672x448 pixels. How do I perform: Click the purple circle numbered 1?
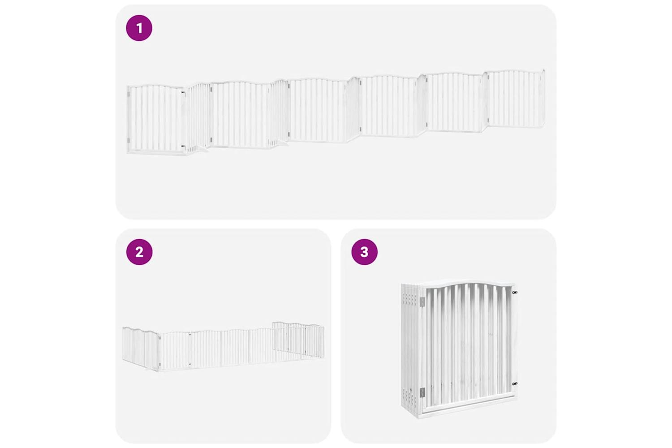pyautogui.click(x=139, y=28)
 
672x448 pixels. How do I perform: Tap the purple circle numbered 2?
pyautogui.click(x=139, y=252)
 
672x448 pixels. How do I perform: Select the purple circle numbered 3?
pyautogui.click(x=365, y=252)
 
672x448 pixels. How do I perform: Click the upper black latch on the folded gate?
pyautogui.click(x=515, y=292)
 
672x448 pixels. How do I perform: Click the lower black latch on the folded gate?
pyautogui.click(x=515, y=383)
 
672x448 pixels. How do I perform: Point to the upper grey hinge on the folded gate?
pyautogui.click(x=422, y=302)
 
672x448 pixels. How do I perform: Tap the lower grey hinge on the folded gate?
pyautogui.click(x=422, y=392)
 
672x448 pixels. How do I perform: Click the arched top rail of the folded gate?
pyautogui.click(x=468, y=283)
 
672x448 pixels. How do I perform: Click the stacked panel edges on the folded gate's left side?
pyautogui.click(x=410, y=349)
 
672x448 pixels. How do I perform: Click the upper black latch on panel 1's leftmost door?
pyautogui.click(x=183, y=93)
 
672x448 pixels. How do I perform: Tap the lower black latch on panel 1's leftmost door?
pyautogui.click(x=183, y=146)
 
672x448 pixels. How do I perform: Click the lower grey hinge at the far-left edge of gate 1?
pyautogui.click(x=129, y=140)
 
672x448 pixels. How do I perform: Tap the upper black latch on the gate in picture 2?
pyautogui.click(x=190, y=333)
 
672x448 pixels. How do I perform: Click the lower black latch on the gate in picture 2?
pyautogui.click(x=190, y=364)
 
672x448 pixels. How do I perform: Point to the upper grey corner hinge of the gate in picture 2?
pyautogui.click(x=159, y=338)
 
